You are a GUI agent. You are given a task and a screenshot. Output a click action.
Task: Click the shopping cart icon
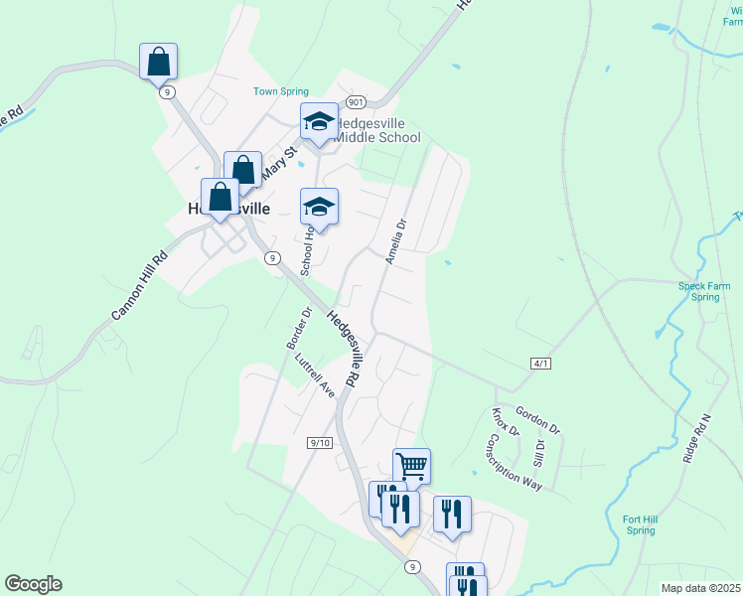pos(411,465)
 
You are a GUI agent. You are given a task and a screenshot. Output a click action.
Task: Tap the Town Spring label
pos(281,91)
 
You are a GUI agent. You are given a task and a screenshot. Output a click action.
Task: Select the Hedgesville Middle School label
pos(375,130)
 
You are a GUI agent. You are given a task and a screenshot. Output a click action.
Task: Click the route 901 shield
pos(357,102)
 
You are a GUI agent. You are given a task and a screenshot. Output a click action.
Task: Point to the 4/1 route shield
pos(540,365)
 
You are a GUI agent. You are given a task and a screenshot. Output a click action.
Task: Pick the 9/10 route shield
pos(319,442)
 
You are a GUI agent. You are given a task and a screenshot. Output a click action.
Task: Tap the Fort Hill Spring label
pos(640,524)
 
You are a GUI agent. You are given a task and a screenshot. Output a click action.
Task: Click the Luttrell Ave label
pos(316,375)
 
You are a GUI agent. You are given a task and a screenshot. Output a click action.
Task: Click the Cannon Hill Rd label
pos(140,284)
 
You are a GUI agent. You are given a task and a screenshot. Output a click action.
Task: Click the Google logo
pos(33,584)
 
